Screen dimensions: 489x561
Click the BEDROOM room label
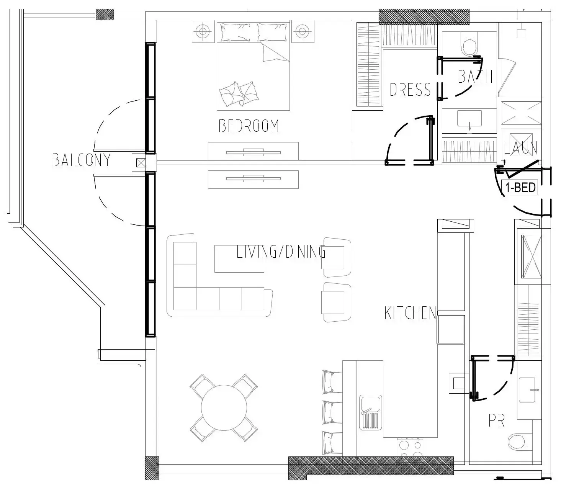click(x=249, y=126)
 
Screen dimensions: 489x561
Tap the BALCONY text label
click(x=81, y=160)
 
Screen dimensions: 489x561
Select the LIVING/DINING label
click(x=281, y=252)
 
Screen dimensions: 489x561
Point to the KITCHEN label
click(x=410, y=313)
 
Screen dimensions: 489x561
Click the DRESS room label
click(x=410, y=90)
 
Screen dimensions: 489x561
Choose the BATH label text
click(x=475, y=77)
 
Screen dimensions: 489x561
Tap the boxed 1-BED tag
click(x=520, y=188)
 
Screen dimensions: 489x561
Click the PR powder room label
click(x=496, y=420)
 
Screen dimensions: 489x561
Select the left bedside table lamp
click(x=204, y=31)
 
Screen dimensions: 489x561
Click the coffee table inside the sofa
click(x=239, y=259)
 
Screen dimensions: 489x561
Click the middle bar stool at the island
click(x=332, y=412)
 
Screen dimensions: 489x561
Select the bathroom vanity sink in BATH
click(x=469, y=119)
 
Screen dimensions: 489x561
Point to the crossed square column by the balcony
click(x=141, y=162)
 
